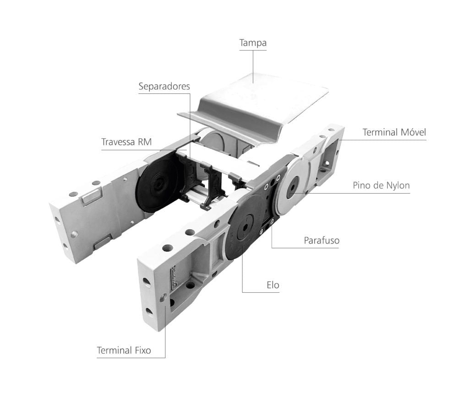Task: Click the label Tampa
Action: [253, 43]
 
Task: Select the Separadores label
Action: [164, 86]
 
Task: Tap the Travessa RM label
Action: [126, 142]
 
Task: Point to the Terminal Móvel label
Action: [394, 132]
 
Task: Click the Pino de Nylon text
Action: [381, 185]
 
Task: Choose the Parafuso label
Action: [322, 241]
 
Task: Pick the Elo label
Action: [273, 285]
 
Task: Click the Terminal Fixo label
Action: [124, 350]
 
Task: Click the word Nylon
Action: [398, 185]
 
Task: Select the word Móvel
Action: [414, 132]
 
